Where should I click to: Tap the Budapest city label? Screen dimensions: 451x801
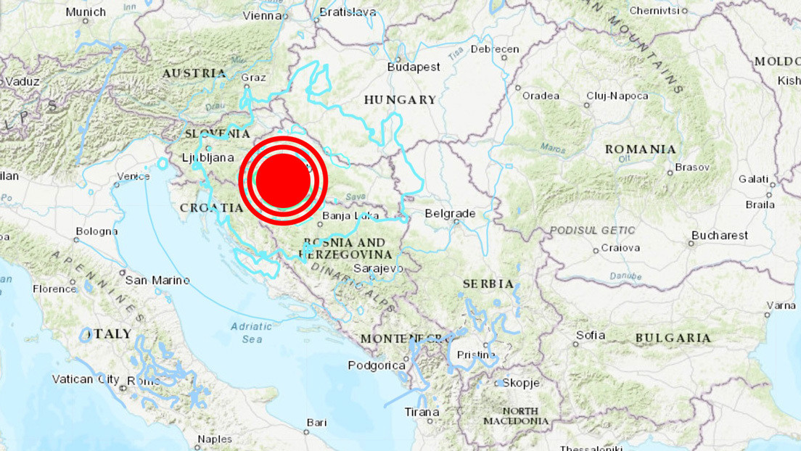point(414,67)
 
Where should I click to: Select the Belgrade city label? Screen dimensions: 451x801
point(450,213)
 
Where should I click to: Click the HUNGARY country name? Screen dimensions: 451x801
point(400,99)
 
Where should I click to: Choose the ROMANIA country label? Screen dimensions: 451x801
point(640,149)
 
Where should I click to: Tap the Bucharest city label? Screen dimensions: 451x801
point(719,235)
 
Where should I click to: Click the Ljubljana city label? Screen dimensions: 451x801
point(208,157)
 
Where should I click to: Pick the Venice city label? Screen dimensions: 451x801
point(133,176)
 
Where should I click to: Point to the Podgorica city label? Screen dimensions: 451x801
point(377,365)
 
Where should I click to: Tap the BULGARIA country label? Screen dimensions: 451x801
point(673,338)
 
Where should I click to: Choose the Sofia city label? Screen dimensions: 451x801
point(590,335)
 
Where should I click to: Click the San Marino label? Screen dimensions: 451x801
point(157,280)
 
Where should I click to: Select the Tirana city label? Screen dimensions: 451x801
point(422,412)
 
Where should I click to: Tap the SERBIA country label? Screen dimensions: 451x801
point(488,284)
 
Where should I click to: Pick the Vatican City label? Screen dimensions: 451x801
point(85,378)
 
